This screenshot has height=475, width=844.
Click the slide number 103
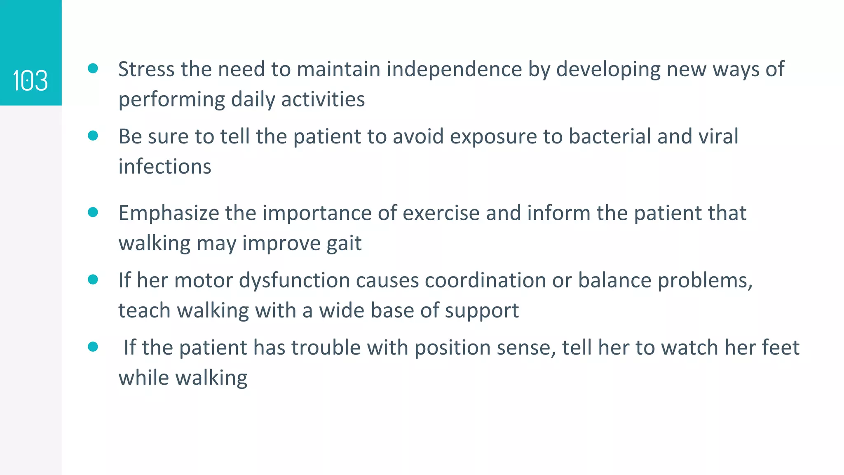pos(30,80)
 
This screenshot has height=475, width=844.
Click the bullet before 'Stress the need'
pos(93,68)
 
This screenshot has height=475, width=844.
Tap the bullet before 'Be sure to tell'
pos(93,136)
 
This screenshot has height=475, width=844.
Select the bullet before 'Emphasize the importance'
pos(93,212)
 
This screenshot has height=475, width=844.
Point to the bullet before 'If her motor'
pos(93,280)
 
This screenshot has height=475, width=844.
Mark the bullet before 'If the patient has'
pos(93,347)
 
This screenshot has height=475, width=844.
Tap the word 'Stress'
pos(146,69)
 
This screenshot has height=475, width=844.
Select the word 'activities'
pos(323,99)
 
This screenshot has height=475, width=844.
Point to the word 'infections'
pos(165,167)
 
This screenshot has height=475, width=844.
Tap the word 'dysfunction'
pos(294,280)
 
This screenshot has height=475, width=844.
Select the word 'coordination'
pos(485,280)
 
